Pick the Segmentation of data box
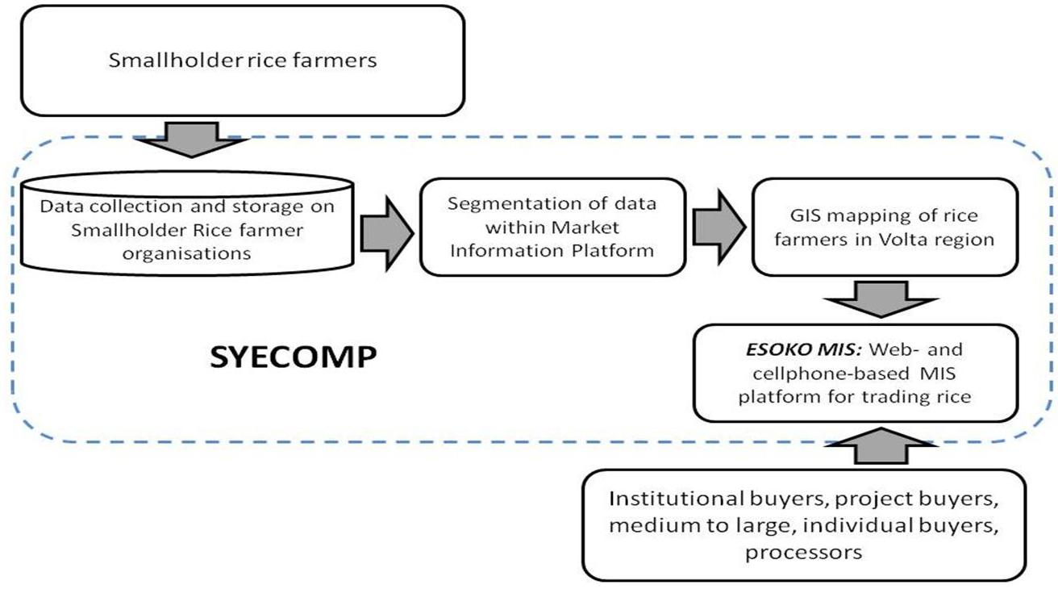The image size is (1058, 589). (552, 227)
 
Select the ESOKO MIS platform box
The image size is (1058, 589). (856, 373)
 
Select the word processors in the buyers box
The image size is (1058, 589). (805, 553)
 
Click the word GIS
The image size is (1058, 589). (813, 216)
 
